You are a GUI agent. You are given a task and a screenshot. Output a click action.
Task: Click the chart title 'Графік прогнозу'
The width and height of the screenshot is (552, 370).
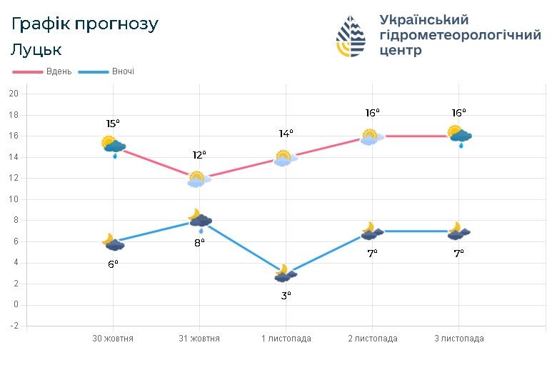pyautogui.click(x=85, y=24)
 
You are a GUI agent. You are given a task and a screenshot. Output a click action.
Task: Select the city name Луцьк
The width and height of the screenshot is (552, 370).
pyautogui.click(x=36, y=49)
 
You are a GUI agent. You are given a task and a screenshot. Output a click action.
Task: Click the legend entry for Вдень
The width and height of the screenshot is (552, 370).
pyautogui.click(x=43, y=71)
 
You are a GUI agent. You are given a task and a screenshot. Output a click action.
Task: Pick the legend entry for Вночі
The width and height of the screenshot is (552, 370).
pyautogui.click(x=107, y=71)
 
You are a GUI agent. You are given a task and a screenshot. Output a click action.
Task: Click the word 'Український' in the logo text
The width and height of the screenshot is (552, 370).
pyautogui.click(x=424, y=19)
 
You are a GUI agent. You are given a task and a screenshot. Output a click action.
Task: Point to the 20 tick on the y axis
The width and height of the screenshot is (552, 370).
pyautogui.click(x=13, y=94)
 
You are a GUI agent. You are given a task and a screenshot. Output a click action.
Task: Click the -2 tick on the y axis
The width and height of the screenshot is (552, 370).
pyautogui.click(x=13, y=326)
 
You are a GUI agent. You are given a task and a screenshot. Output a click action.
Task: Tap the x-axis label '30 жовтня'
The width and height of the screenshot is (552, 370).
pyautogui.click(x=113, y=339)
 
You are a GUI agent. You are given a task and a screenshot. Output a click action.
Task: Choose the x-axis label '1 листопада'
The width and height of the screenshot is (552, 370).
pyautogui.click(x=286, y=339)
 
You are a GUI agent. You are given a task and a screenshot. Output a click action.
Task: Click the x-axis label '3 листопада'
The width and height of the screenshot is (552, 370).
pyautogui.click(x=458, y=339)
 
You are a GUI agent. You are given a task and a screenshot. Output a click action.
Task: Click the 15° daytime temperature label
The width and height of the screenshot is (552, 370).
pyautogui.click(x=112, y=124)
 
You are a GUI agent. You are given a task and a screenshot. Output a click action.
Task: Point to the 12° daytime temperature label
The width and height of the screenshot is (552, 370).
pyautogui.click(x=199, y=154)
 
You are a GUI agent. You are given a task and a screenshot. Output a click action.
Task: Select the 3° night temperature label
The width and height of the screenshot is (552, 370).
pyautogui.click(x=286, y=294)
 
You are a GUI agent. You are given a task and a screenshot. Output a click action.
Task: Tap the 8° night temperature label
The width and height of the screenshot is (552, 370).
pyautogui.click(x=199, y=242)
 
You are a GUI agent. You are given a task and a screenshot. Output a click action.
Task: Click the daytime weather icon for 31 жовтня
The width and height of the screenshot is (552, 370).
pyautogui.click(x=197, y=179)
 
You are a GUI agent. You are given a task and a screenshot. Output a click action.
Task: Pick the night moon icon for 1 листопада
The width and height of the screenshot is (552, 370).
pyautogui.click(x=285, y=274)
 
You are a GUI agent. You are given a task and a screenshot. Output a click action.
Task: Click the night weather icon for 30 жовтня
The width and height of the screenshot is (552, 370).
pyautogui.click(x=113, y=242)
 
